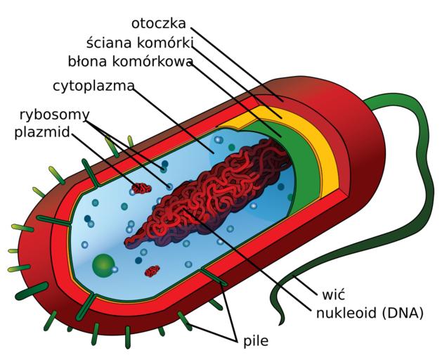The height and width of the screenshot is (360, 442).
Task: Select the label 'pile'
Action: pyautogui.click(x=256, y=342)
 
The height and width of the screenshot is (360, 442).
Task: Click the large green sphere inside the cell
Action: pyautogui.click(x=104, y=265)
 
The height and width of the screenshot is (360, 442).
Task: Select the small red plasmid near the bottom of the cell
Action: pyautogui.click(x=152, y=271)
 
